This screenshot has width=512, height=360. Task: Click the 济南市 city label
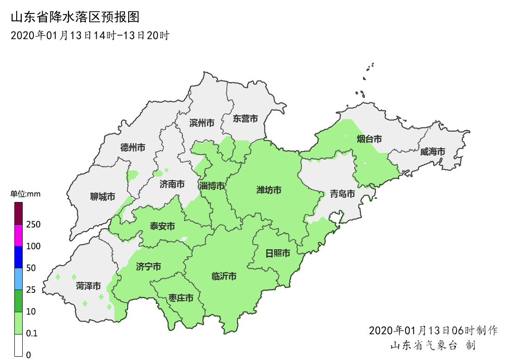click(172, 184)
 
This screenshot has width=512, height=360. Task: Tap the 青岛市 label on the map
click(343, 194)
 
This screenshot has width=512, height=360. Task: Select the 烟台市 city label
click(369, 139)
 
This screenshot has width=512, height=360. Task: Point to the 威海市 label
click(433, 152)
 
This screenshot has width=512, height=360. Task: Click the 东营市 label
click(245, 119)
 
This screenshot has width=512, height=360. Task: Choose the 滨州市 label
click(202, 123)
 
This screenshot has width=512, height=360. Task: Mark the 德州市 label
click(133, 148)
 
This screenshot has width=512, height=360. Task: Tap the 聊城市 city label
click(103, 197)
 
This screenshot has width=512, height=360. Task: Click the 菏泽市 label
click(88, 286)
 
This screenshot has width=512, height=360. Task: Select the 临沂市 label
click(224, 277)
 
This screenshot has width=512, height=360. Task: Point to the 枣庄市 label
click(181, 298)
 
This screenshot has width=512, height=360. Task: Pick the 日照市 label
click(278, 253)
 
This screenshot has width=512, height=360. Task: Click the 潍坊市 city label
click(269, 190)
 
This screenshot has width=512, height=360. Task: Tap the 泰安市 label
click(162, 227)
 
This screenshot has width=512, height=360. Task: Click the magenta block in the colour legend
click(19, 235)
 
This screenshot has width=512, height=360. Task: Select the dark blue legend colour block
click(19, 257)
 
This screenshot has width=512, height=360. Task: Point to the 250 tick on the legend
click(33, 225)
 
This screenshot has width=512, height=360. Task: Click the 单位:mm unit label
click(25, 194)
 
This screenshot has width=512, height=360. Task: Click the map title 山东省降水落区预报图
click(75, 18)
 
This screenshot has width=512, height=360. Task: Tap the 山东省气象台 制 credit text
click(433, 346)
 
